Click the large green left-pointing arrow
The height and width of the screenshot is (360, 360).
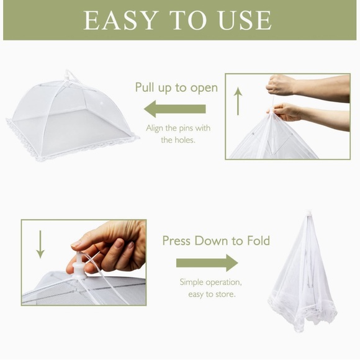[x=174, y=110]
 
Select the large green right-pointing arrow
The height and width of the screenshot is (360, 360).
[x=207, y=263]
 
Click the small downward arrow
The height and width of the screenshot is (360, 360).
[x=40, y=245]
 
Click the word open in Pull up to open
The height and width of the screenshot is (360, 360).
[x=203, y=88]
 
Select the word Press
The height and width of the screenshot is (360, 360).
[x=179, y=241]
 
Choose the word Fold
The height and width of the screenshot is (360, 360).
[x=256, y=241]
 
